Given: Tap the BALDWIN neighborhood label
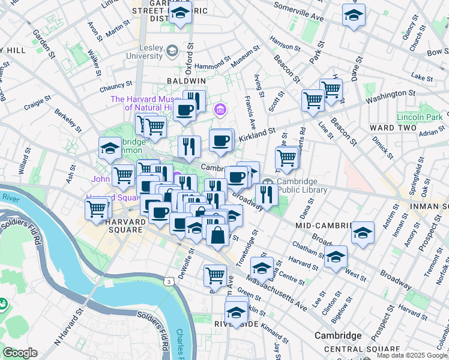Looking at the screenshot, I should [x=187, y=80].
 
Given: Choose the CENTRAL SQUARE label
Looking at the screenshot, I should [x=361, y=349].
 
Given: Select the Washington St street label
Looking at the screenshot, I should [x=390, y=94].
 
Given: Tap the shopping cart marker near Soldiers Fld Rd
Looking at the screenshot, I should [x=96, y=208].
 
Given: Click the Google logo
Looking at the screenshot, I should [x=20, y=353].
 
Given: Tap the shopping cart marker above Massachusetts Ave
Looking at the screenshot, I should [x=215, y=275].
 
